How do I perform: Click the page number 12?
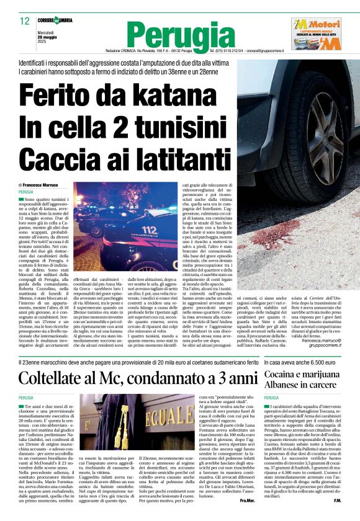click(24, 21)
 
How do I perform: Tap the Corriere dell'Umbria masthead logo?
click(55, 20)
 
